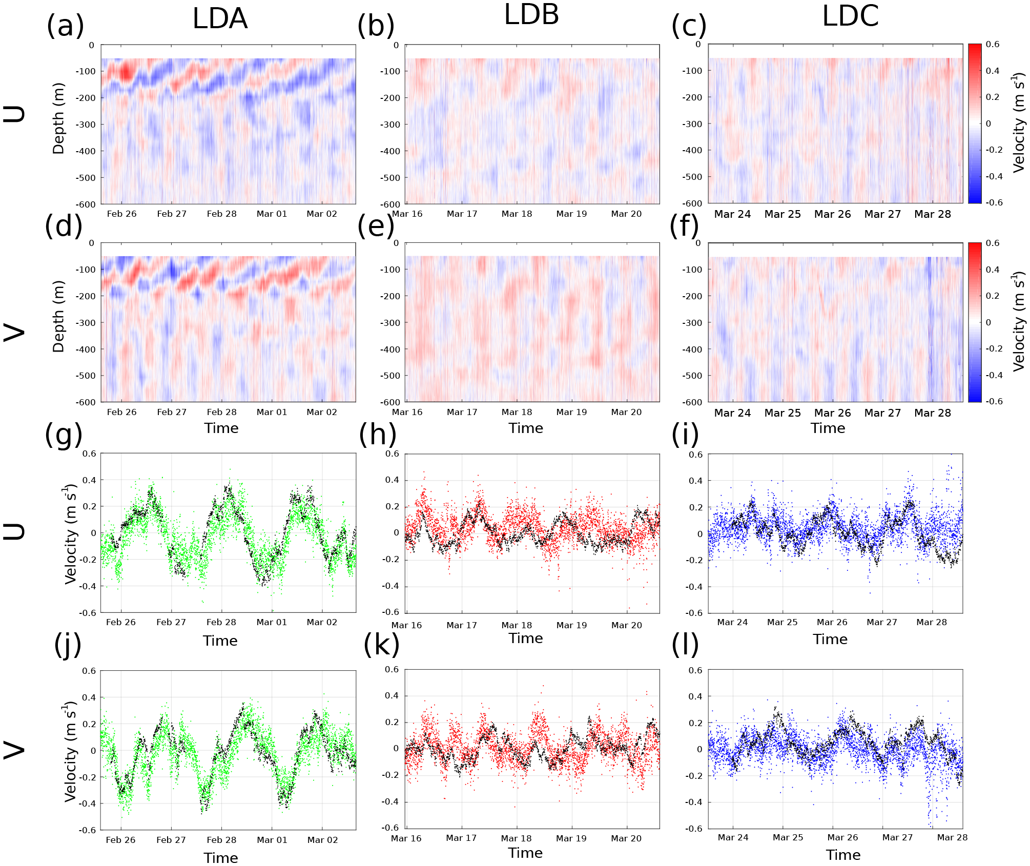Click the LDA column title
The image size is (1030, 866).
(x=220, y=19)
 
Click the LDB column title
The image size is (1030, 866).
(x=531, y=15)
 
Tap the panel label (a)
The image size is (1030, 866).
(x=65, y=26)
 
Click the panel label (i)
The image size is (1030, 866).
(x=685, y=434)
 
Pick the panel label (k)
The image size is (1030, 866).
(x=381, y=645)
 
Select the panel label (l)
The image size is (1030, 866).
(x=685, y=645)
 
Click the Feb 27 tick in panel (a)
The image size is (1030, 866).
(x=172, y=214)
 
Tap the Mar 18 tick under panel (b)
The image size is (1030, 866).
(x=517, y=214)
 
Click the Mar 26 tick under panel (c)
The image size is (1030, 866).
(x=832, y=214)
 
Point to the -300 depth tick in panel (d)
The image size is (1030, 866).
(x=86, y=323)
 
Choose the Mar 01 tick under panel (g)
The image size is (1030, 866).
(x=272, y=622)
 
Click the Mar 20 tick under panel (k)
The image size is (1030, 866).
(x=626, y=838)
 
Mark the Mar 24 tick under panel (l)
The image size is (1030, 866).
(x=733, y=837)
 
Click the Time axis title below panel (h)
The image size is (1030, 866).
(x=526, y=638)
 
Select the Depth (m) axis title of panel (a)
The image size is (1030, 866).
(x=58, y=118)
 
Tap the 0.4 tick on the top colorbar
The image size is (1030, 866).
(x=993, y=71)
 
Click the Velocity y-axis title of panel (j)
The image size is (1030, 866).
(x=70, y=753)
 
